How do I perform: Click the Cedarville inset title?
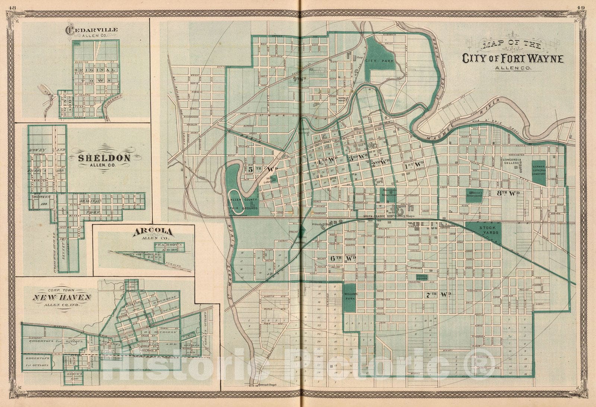92,30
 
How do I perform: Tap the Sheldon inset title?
104,158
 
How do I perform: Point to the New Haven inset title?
61,297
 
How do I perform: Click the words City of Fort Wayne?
513,58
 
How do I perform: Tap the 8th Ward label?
508,193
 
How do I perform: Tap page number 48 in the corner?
13,7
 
